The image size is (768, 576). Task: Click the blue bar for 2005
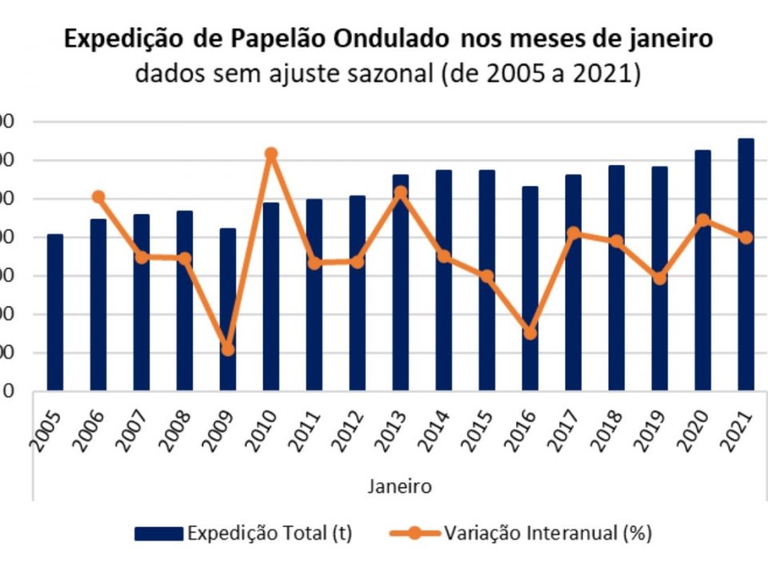[x=54, y=312]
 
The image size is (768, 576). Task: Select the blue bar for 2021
[x=746, y=264]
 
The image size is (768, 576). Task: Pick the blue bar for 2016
[x=530, y=288]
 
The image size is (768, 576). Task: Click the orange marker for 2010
[x=271, y=154]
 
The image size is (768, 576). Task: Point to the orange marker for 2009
[x=228, y=350]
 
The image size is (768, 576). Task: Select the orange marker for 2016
[x=530, y=333]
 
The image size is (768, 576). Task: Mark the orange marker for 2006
[x=98, y=197]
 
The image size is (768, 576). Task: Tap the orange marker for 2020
[x=702, y=220]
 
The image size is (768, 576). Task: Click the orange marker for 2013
[x=400, y=193]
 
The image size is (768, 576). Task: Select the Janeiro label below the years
[x=400, y=486]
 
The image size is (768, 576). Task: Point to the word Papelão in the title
[x=265, y=40]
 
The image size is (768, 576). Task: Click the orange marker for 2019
[x=659, y=278]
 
